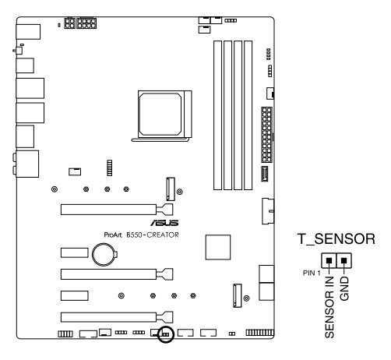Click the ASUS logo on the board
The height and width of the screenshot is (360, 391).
point(164,223)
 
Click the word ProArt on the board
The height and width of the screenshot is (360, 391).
point(113,235)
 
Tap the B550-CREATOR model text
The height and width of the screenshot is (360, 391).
point(153,235)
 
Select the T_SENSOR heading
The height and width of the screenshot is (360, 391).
point(336,239)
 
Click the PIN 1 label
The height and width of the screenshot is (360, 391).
point(312,273)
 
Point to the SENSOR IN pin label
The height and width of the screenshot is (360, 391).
point(329,307)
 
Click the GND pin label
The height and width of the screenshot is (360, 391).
point(344,288)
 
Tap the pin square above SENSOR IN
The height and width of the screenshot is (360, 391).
point(329,260)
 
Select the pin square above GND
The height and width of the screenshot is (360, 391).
point(343,260)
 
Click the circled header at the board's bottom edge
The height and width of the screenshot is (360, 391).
point(166,334)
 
